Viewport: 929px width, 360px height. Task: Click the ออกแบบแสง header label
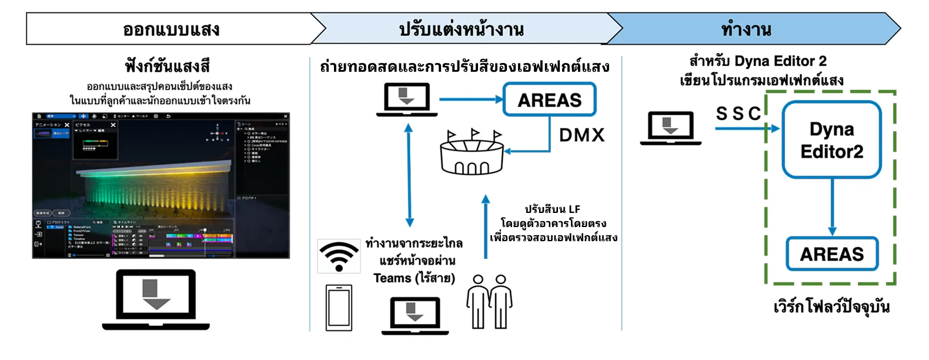171,29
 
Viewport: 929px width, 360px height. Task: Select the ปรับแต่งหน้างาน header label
462,29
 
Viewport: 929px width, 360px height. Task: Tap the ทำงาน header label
746,29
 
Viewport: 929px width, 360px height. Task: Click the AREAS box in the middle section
549,100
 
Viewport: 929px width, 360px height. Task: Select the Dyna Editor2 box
831,140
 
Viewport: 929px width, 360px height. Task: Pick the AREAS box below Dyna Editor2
832,254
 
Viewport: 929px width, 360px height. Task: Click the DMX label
582,135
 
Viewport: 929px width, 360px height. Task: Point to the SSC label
738,114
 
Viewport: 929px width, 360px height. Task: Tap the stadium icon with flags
472,153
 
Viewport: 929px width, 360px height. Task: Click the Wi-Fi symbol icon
339,256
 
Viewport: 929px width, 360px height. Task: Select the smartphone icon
339,308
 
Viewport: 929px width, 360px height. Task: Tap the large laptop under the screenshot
156,299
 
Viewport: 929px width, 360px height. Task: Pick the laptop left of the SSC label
670,128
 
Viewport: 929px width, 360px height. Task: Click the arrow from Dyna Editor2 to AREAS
832,207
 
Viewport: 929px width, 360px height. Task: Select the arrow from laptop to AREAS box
470,99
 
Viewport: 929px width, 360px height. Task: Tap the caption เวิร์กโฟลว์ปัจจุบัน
831,306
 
